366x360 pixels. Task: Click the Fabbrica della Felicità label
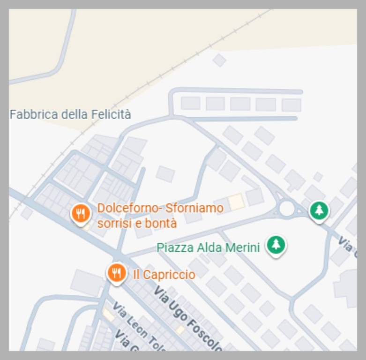(x=70, y=114)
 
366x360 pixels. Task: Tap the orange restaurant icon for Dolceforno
(x=81, y=214)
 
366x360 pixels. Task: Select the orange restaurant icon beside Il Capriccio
(x=116, y=272)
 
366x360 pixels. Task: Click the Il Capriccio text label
(x=164, y=275)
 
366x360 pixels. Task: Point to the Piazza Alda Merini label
(x=208, y=247)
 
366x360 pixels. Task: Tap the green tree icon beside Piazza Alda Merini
(x=276, y=245)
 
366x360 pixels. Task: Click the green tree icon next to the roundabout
(x=319, y=210)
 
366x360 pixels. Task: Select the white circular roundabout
(x=287, y=209)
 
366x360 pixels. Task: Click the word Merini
(x=243, y=247)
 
